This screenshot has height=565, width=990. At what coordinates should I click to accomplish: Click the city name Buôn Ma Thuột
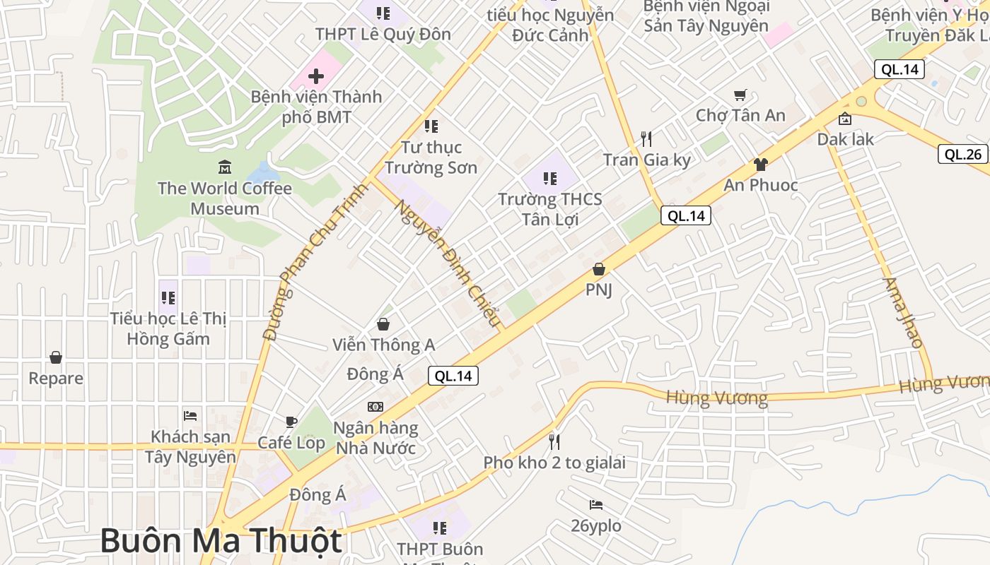[x=221, y=541]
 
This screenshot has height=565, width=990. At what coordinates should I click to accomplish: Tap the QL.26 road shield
[x=962, y=154]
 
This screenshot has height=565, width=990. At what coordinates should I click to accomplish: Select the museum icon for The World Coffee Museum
[x=225, y=167]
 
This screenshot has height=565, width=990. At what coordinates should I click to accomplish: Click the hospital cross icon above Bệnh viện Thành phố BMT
[x=316, y=76]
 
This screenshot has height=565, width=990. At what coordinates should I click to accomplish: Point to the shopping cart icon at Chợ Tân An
[x=740, y=95]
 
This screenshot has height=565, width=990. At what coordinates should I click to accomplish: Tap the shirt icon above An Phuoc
[x=760, y=165]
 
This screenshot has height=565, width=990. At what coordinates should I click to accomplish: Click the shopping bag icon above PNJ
[x=599, y=269]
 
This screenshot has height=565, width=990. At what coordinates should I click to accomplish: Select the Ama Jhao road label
[x=903, y=312]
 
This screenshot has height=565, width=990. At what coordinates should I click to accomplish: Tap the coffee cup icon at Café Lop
[x=291, y=422]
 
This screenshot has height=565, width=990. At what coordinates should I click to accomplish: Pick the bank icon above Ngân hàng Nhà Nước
[x=375, y=407]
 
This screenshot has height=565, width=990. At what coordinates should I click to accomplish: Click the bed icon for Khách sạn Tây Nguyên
[x=190, y=415]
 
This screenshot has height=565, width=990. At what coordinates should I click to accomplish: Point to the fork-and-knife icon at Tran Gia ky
[x=646, y=138]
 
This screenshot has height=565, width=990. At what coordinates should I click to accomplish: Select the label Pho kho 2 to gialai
[x=554, y=463]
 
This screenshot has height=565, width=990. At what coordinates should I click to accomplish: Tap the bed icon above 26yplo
[x=596, y=505]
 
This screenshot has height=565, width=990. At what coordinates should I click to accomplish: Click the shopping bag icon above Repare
[x=56, y=358]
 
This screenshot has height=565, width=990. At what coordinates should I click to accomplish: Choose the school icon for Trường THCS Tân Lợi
[x=550, y=178]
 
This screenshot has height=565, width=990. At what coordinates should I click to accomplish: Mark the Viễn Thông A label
[x=384, y=345]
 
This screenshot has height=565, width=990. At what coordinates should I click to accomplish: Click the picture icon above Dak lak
[x=844, y=119]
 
